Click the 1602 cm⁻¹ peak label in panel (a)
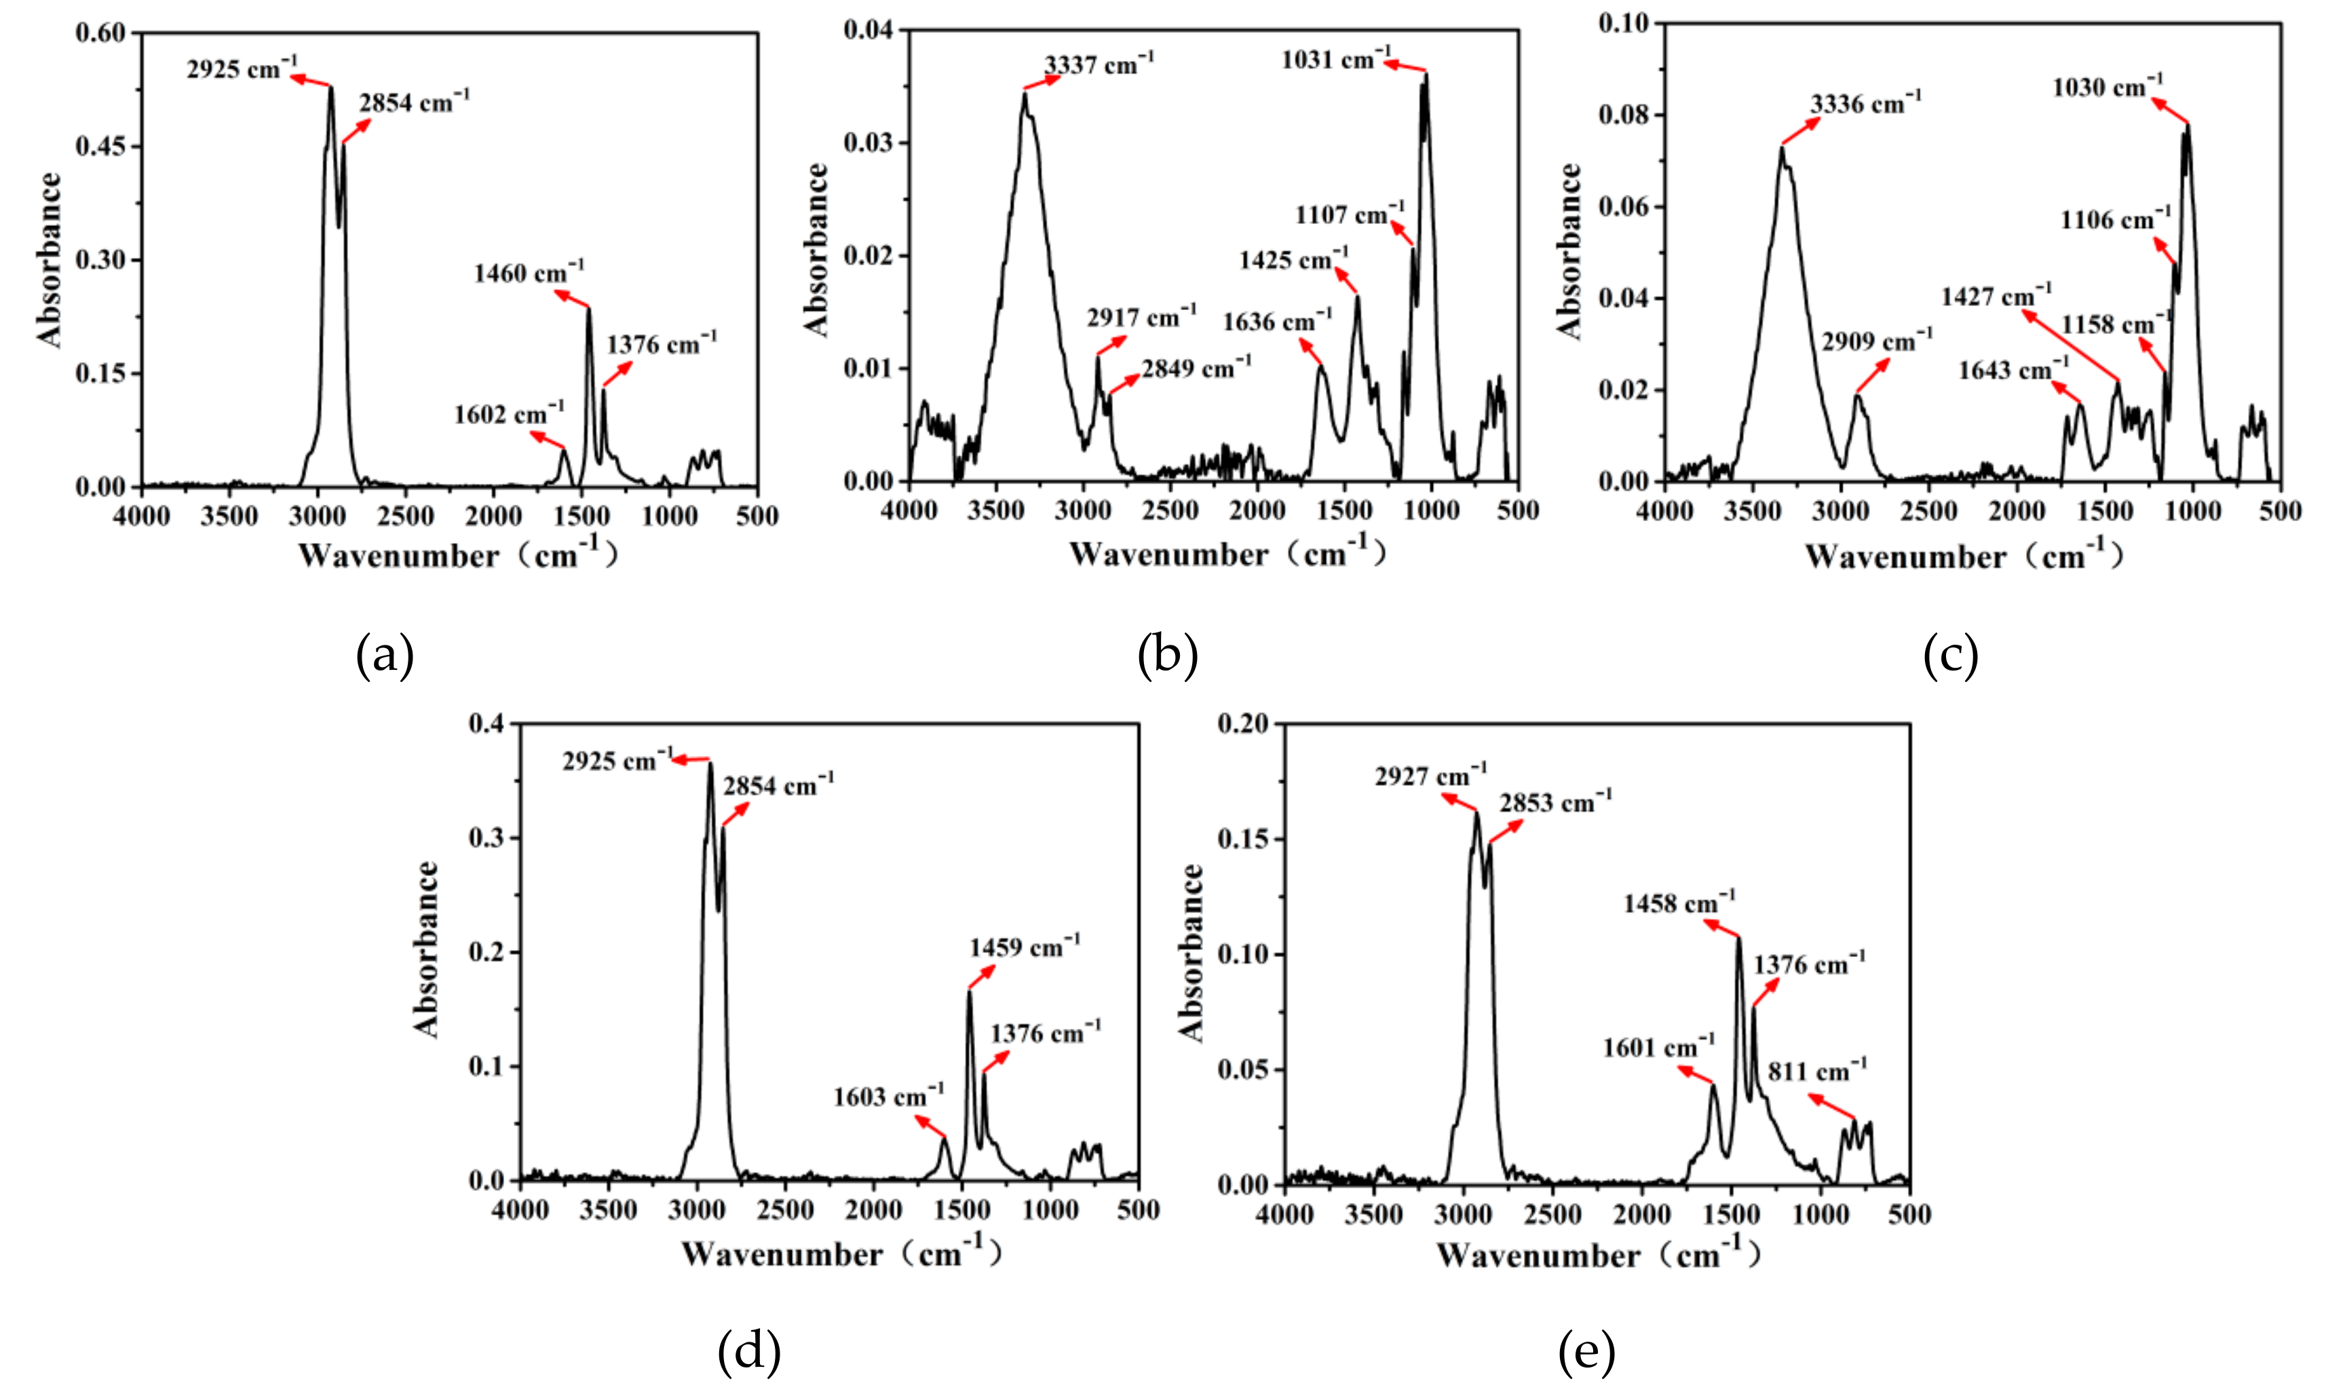pyautogui.click(x=508, y=415)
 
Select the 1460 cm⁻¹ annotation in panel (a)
pyautogui.click(x=529, y=273)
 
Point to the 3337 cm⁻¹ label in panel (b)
pyautogui.click(x=1098, y=65)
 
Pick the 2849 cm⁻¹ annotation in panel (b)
pyautogui.click(x=1196, y=369)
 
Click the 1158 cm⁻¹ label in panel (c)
pyautogui.click(x=2115, y=325)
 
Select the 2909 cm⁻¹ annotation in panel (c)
pyautogui.click(x=1876, y=341)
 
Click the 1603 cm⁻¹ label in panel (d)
pyautogui.click(x=887, y=1097)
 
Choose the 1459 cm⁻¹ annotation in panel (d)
pyautogui.click(x=1025, y=947)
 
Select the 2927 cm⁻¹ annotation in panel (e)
pyautogui.click(x=1430, y=777)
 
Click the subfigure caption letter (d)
pyautogui.click(x=748, y=1352)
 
